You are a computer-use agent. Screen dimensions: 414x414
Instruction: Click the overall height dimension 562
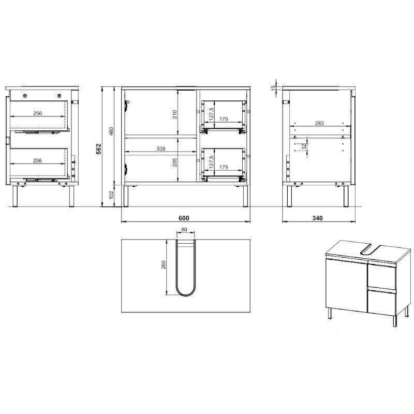coord(98,149)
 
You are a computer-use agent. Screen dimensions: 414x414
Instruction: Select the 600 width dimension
coord(184,218)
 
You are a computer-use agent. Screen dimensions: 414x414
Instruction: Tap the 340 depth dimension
coord(317,218)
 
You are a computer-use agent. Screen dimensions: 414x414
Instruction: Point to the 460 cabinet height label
coord(111,131)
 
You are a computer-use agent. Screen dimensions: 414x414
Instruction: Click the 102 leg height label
coord(111,195)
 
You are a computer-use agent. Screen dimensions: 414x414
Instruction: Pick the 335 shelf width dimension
coord(161,149)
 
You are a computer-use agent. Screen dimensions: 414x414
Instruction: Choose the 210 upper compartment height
coord(174,114)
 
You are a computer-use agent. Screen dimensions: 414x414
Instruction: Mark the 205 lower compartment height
coord(174,162)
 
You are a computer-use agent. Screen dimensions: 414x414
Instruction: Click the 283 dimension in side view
coord(319,123)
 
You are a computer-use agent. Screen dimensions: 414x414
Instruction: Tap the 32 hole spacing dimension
coord(304,146)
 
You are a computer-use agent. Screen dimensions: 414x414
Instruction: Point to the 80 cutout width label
coord(184,229)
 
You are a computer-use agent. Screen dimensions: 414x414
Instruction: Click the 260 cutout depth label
coord(164,265)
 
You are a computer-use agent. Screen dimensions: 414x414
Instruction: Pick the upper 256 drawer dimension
coord(37,113)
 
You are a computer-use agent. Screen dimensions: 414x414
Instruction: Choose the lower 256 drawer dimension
coord(37,160)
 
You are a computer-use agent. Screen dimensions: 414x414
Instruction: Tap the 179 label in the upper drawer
coord(224,119)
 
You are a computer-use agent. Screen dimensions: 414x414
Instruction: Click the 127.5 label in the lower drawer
coord(211,162)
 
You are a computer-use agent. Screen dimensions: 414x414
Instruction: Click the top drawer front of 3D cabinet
coord(381,275)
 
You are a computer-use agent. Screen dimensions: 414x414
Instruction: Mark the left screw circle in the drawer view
coord(25,96)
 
